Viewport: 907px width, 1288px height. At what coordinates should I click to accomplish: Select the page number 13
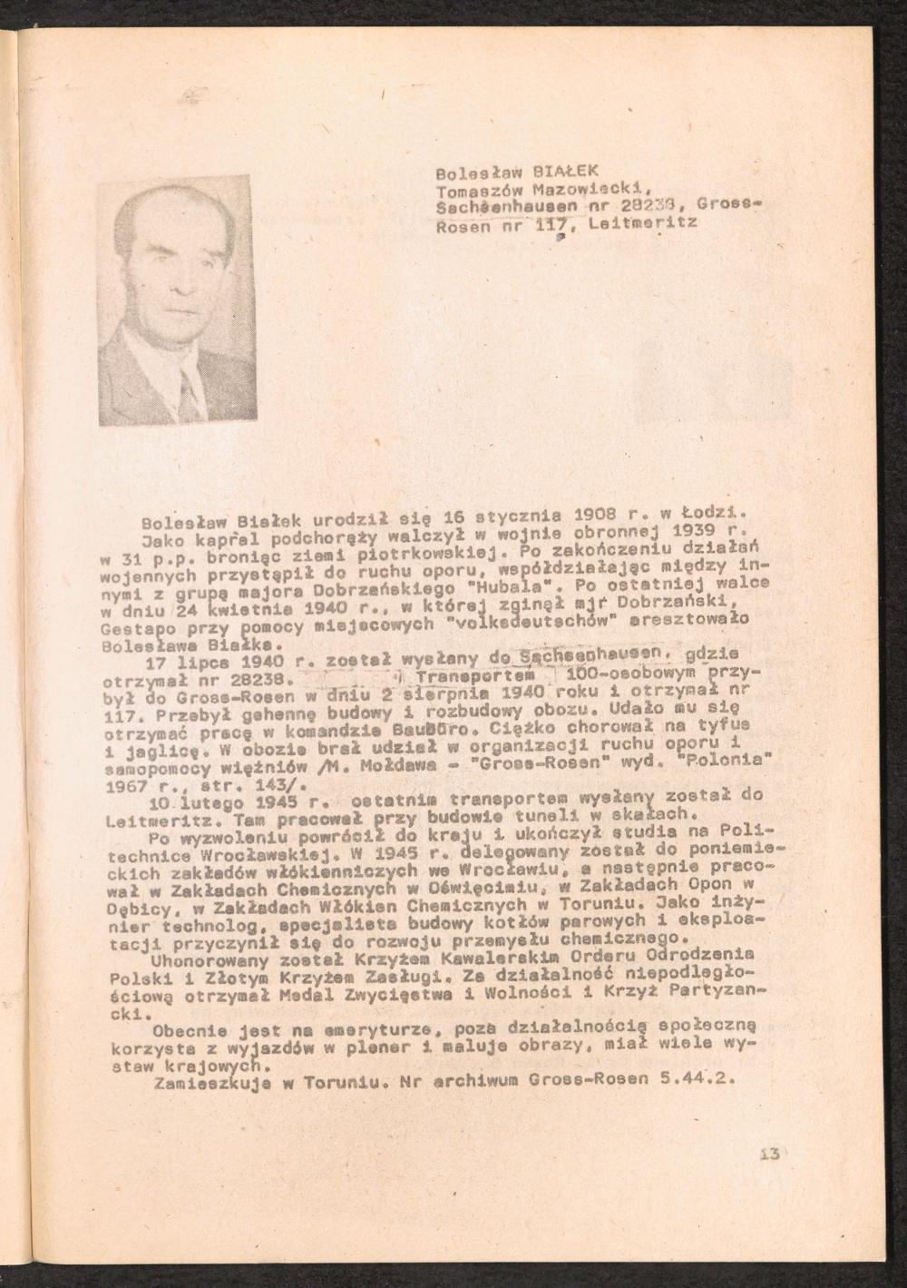(x=770, y=1155)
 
